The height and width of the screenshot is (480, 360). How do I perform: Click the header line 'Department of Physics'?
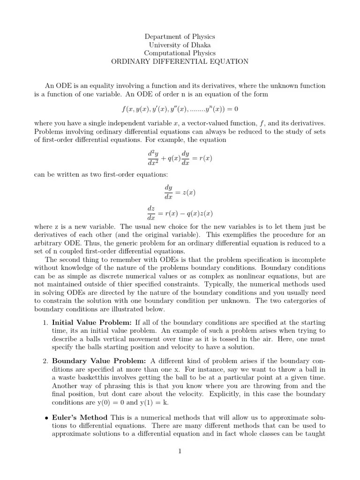pyautogui.click(x=180, y=37)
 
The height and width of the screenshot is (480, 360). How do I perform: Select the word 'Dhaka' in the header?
pyautogui.click(x=201, y=45)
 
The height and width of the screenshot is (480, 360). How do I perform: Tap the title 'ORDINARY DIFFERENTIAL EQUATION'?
pyautogui.click(x=180, y=62)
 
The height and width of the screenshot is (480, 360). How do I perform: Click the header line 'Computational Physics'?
pyautogui.click(x=180, y=53)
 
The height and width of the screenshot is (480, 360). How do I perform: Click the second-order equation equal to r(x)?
pyautogui.click(x=180, y=158)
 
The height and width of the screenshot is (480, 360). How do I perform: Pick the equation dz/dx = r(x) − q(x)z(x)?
pyautogui.click(x=180, y=214)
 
